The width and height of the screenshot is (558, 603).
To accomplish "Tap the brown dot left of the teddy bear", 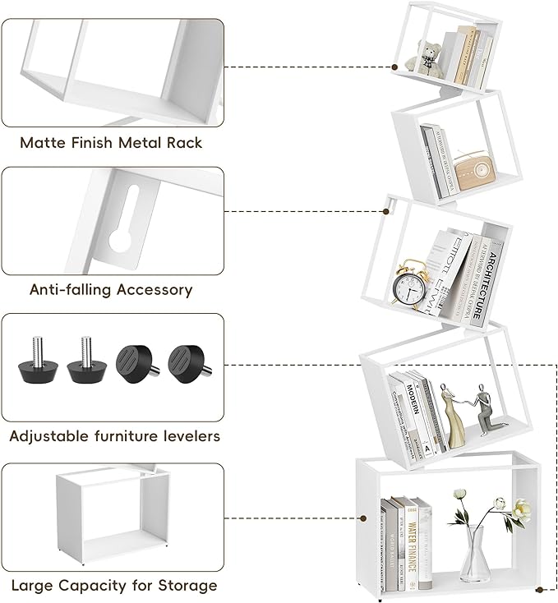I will click(396, 67).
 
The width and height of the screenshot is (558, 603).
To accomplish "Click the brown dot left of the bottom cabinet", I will click(362, 518).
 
